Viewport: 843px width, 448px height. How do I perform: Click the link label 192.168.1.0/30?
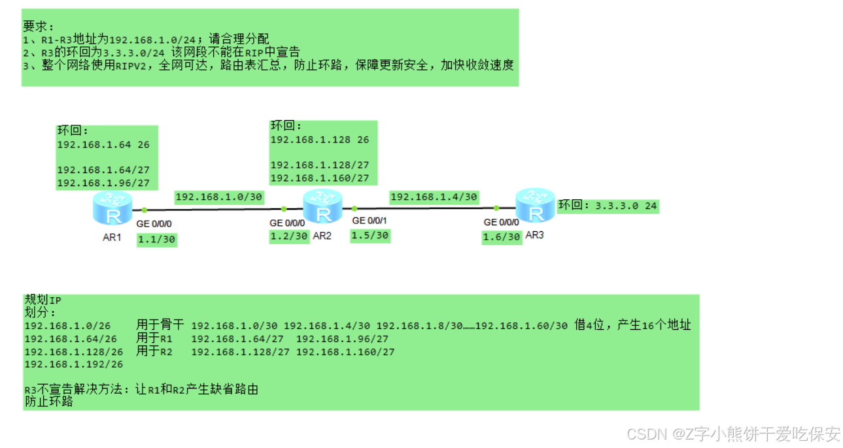tap(218, 197)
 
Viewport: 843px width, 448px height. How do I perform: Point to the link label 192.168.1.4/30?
tap(434, 197)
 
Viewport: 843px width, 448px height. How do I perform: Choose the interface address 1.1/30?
tap(156, 240)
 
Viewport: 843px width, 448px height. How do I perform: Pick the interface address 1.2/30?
tap(288, 236)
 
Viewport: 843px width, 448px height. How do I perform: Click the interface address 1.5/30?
tap(370, 235)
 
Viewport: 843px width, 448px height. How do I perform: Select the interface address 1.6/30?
tap(501, 237)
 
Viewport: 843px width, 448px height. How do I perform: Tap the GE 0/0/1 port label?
tap(371, 221)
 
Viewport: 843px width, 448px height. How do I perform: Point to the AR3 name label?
tap(534, 235)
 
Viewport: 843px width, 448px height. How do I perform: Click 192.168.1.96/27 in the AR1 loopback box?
tap(103, 183)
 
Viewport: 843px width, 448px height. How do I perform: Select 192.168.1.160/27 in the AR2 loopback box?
tap(320, 178)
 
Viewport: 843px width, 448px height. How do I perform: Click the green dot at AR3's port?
tap(496, 208)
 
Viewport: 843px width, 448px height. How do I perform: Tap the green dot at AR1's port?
tap(144, 210)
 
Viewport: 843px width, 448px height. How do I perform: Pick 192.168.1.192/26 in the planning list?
tap(73, 364)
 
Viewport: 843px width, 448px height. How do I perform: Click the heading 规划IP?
tap(43, 300)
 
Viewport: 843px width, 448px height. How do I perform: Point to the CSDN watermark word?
tap(645, 434)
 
